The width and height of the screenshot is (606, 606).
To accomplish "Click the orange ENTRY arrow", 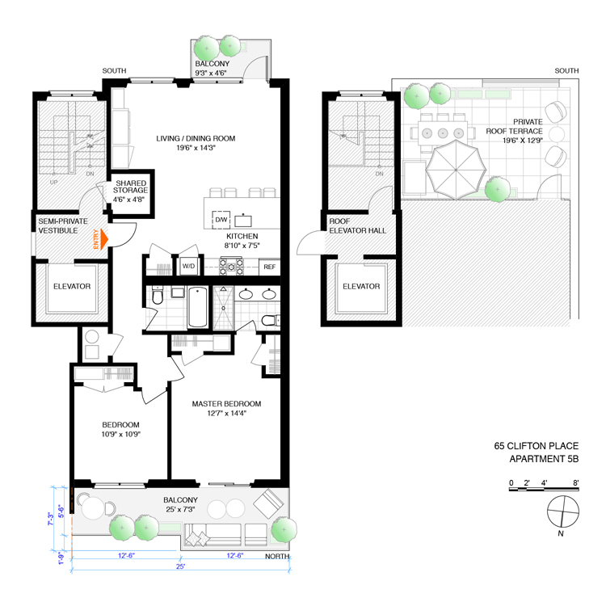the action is pyautogui.click(x=104, y=239).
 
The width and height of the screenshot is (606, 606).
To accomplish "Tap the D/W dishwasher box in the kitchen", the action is pyautogui.click(x=221, y=220).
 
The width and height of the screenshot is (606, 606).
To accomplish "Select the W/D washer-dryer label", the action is pyautogui.click(x=188, y=267).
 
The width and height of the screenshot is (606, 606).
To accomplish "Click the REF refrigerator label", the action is pyautogui.click(x=269, y=267).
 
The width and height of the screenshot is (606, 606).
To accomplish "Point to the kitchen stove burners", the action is pyautogui.click(x=231, y=266).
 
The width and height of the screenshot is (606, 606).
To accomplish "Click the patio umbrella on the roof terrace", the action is pyautogui.click(x=456, y=170).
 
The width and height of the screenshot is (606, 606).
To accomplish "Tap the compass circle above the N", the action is pyautogui.click(x=563, y=511).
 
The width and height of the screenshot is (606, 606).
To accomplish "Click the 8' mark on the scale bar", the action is pyautogui.click(x=576, y=482).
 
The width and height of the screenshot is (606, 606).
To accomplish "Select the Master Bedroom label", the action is pyautogui.click(x=226, y=404).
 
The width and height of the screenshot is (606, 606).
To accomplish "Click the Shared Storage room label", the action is pyautogui.click(x=130, y=187).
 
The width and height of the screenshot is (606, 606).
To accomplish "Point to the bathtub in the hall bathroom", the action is pyautogui.click(x=197, y=307).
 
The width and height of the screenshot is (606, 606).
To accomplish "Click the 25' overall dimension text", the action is pyautogui.click(x=180, y=566).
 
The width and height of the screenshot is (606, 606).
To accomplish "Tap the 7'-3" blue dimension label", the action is pyautogui.click(x=50, y=519).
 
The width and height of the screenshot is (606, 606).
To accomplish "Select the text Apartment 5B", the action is pyautogui.click(x=544, y=459).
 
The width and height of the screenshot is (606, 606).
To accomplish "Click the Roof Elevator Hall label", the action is pyautogui.click(x=357, y=225).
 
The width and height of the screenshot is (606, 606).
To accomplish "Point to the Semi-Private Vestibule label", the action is pyautogui.click(x=63, y=225).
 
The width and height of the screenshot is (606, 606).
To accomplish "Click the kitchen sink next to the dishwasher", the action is pyautogui.click(x=243, y=221).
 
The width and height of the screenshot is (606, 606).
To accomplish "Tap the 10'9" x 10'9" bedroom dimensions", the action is pyautogui.click(x=121, y=434).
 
